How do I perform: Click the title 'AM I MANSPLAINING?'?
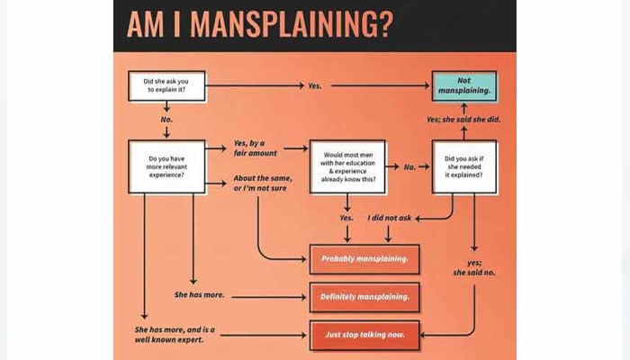tap(261, 24)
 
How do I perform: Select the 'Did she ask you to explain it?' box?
tap(167, 86)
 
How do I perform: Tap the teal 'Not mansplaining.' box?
tap(463, 86)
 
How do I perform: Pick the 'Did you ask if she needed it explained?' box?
tap(463, 166)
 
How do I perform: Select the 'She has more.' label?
tap(199, 295)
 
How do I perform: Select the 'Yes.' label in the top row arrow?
tap(315, 86)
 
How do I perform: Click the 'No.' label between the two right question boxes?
tap(410, 166)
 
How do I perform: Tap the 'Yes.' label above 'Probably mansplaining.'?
tap(346, 219)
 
